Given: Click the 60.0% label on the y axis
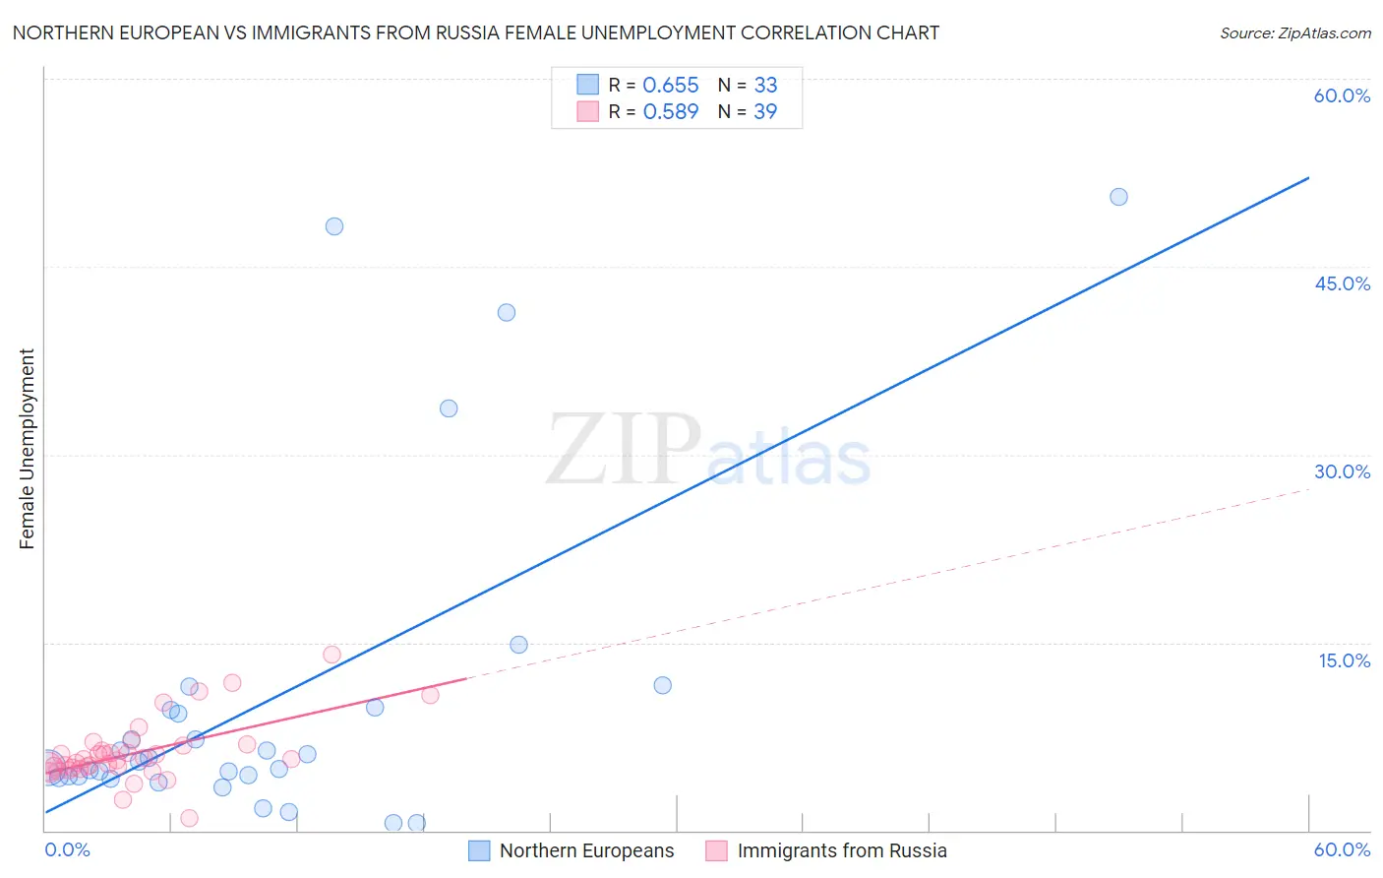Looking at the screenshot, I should point(1342,95).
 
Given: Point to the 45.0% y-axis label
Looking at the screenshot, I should point(1342,283).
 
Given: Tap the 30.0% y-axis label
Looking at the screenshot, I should point(1342,471).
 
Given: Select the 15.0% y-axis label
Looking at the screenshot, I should point(1344,660).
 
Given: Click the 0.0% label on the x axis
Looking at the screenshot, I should point(67,849).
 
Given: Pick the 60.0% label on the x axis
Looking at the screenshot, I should point(1342,849).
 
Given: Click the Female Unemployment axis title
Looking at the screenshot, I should point(27,449).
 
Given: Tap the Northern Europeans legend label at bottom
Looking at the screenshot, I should point(586,850).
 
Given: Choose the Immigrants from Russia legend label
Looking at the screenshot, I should point(842,850).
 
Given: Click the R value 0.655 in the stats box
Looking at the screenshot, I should point(670,86).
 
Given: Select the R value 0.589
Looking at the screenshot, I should point(670,112).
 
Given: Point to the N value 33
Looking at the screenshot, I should point(765,86).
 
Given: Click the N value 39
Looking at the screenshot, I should point(765,112).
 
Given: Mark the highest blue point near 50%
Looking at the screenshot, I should point(1118,197).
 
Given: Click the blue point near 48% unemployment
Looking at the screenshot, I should point(334,226).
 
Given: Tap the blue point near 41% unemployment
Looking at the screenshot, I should point(507,313).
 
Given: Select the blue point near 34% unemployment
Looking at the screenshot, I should point(449,408).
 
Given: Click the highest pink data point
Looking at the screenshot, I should point(331,655).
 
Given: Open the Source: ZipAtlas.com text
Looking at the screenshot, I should point(1294,33).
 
